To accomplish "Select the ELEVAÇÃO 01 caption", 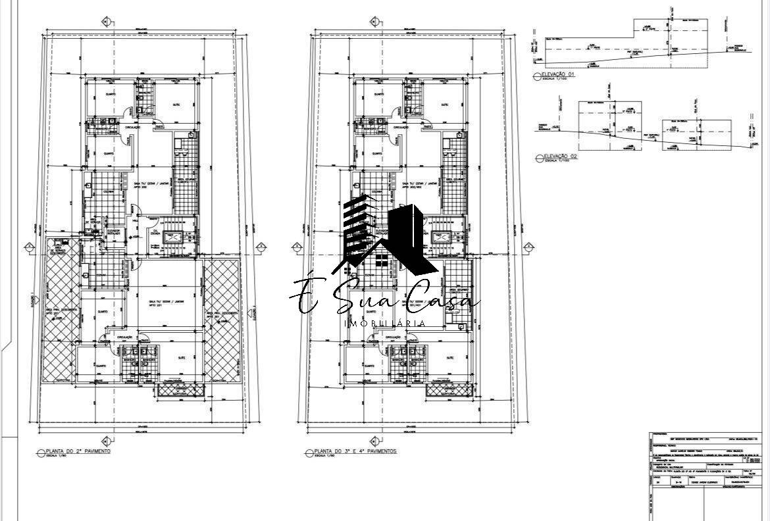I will point(559,75).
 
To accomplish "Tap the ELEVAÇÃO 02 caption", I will point(560,157).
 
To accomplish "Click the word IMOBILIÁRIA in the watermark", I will point(385,324).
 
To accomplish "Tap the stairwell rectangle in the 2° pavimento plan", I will point(175,237).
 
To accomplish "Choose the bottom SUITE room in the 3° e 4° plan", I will point(449,358).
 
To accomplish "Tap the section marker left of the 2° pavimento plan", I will point(29,247).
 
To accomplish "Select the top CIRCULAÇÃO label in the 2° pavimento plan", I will point(134,128).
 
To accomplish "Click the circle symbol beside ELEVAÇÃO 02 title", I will point(539,157).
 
